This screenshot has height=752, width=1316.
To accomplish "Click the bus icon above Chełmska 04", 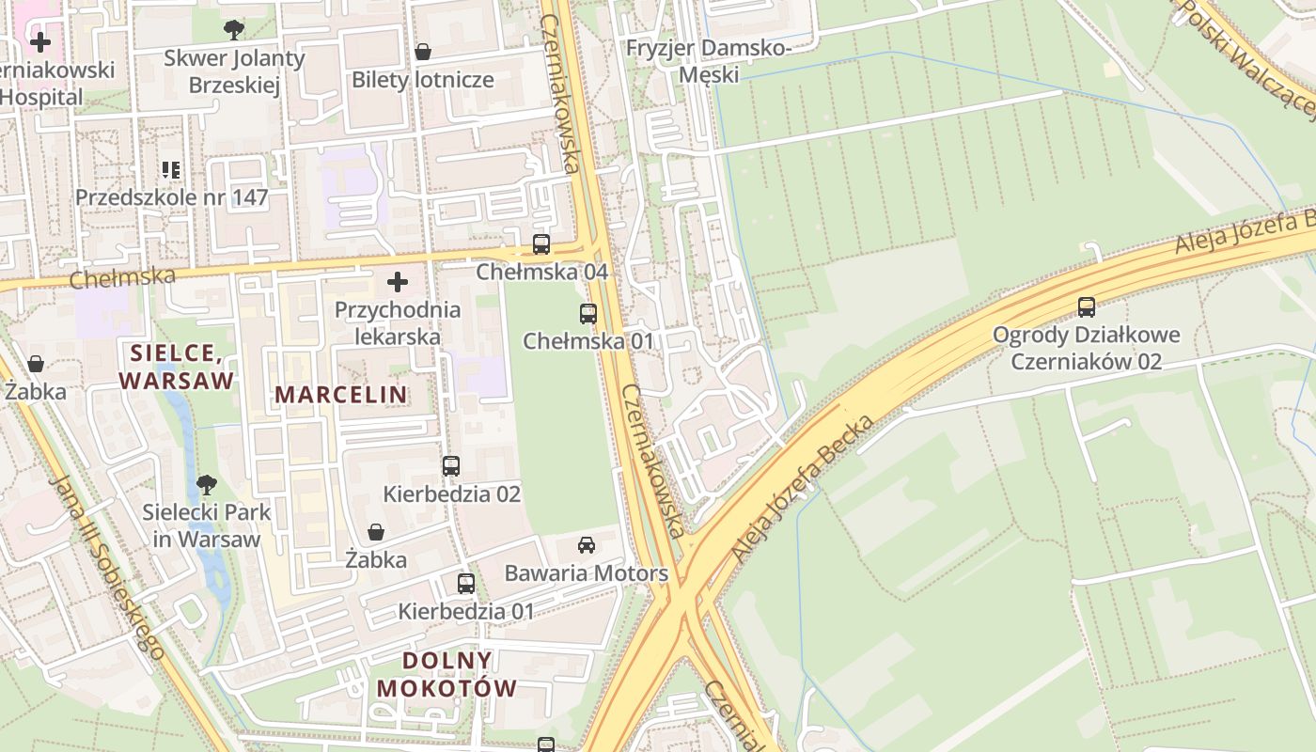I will pos(541,244).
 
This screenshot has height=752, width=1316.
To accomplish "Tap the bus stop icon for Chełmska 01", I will pos(588,314).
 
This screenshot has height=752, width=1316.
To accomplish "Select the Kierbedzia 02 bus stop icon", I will pos(451,465).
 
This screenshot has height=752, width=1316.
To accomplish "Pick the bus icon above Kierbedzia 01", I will pos(465,583).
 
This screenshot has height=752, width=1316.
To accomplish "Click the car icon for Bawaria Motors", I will pos(587,544).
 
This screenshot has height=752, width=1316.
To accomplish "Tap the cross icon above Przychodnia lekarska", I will pos(398,281).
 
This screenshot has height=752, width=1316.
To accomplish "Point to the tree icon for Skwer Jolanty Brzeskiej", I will pos(234,30).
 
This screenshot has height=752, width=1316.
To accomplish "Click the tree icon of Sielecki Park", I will pos(207,485).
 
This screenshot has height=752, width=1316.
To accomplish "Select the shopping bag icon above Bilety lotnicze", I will pos(423,52).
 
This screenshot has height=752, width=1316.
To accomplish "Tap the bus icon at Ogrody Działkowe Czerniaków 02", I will pos(1087,306).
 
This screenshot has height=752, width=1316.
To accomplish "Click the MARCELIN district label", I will pos(341,395).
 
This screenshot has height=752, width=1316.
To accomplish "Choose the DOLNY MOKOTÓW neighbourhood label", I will pos(447,674).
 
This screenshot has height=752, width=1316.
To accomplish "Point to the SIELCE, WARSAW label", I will pos(177,367).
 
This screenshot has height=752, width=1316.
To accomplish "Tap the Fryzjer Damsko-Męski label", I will pos(710,61).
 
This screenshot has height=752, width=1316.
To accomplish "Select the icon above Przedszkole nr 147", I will pos(171,170).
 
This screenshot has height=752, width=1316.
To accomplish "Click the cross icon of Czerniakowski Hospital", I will pos(40,42).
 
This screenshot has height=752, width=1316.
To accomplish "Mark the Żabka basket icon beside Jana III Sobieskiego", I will pos(36,364).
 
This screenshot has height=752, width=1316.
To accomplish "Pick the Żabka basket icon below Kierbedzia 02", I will pos(376,533).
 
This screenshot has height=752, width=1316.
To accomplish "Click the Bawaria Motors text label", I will pos(587,573).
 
